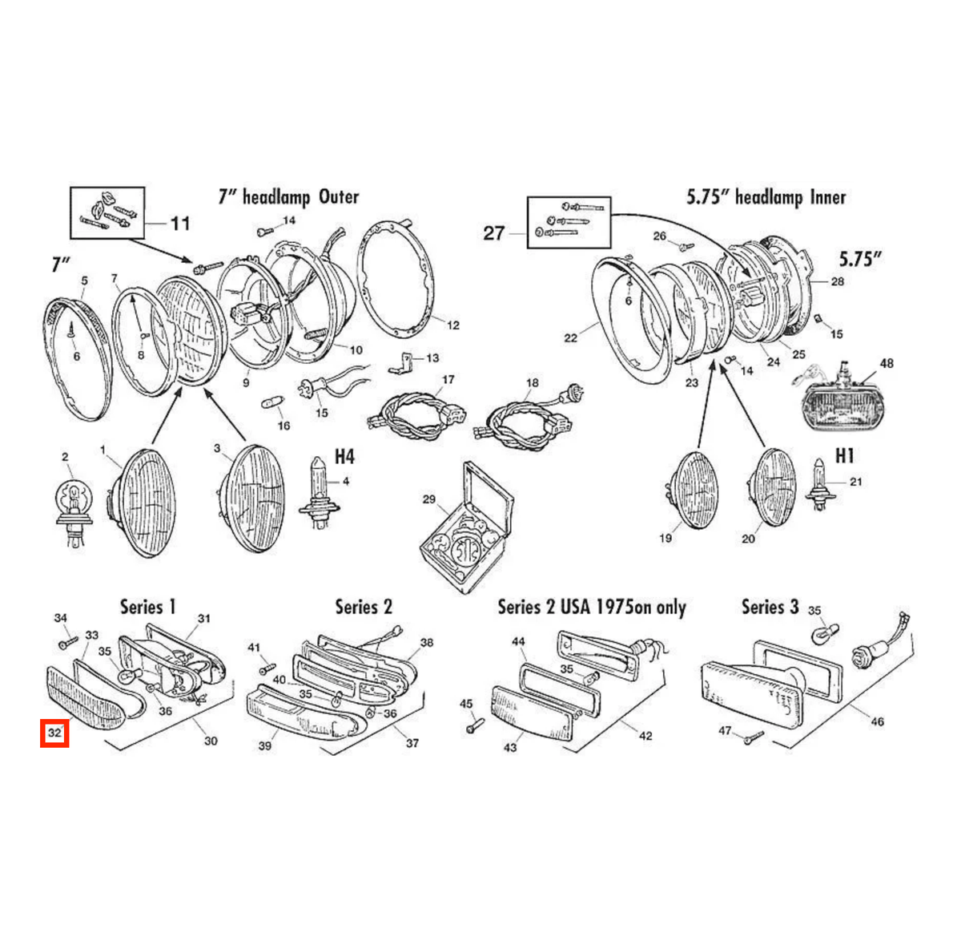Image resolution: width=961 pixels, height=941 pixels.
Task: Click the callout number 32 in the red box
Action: click(x=54, y=733)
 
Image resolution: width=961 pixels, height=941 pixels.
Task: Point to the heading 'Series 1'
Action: click(x=147, y=607)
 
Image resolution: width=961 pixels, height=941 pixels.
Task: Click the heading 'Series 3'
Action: click(x=770, y=607)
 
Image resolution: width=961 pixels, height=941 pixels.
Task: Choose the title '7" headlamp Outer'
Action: click(x=288, y=197)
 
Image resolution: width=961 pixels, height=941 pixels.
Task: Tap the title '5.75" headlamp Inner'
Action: click(x=766, y=197)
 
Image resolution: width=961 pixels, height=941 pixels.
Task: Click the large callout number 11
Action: click(x=180, y=224)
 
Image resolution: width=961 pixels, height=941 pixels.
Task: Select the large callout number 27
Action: click(x=493, y=233)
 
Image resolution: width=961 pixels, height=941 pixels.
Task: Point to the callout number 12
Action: click(x=452, y=325)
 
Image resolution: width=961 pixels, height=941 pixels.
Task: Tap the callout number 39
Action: click(x=265, y=745)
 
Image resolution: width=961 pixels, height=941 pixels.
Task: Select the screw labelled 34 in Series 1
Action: click(x=68, y=643)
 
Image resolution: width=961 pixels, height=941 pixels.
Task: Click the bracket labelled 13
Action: click(x=401, y=363)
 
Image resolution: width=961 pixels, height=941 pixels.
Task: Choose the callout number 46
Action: click(x=877, y=722)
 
